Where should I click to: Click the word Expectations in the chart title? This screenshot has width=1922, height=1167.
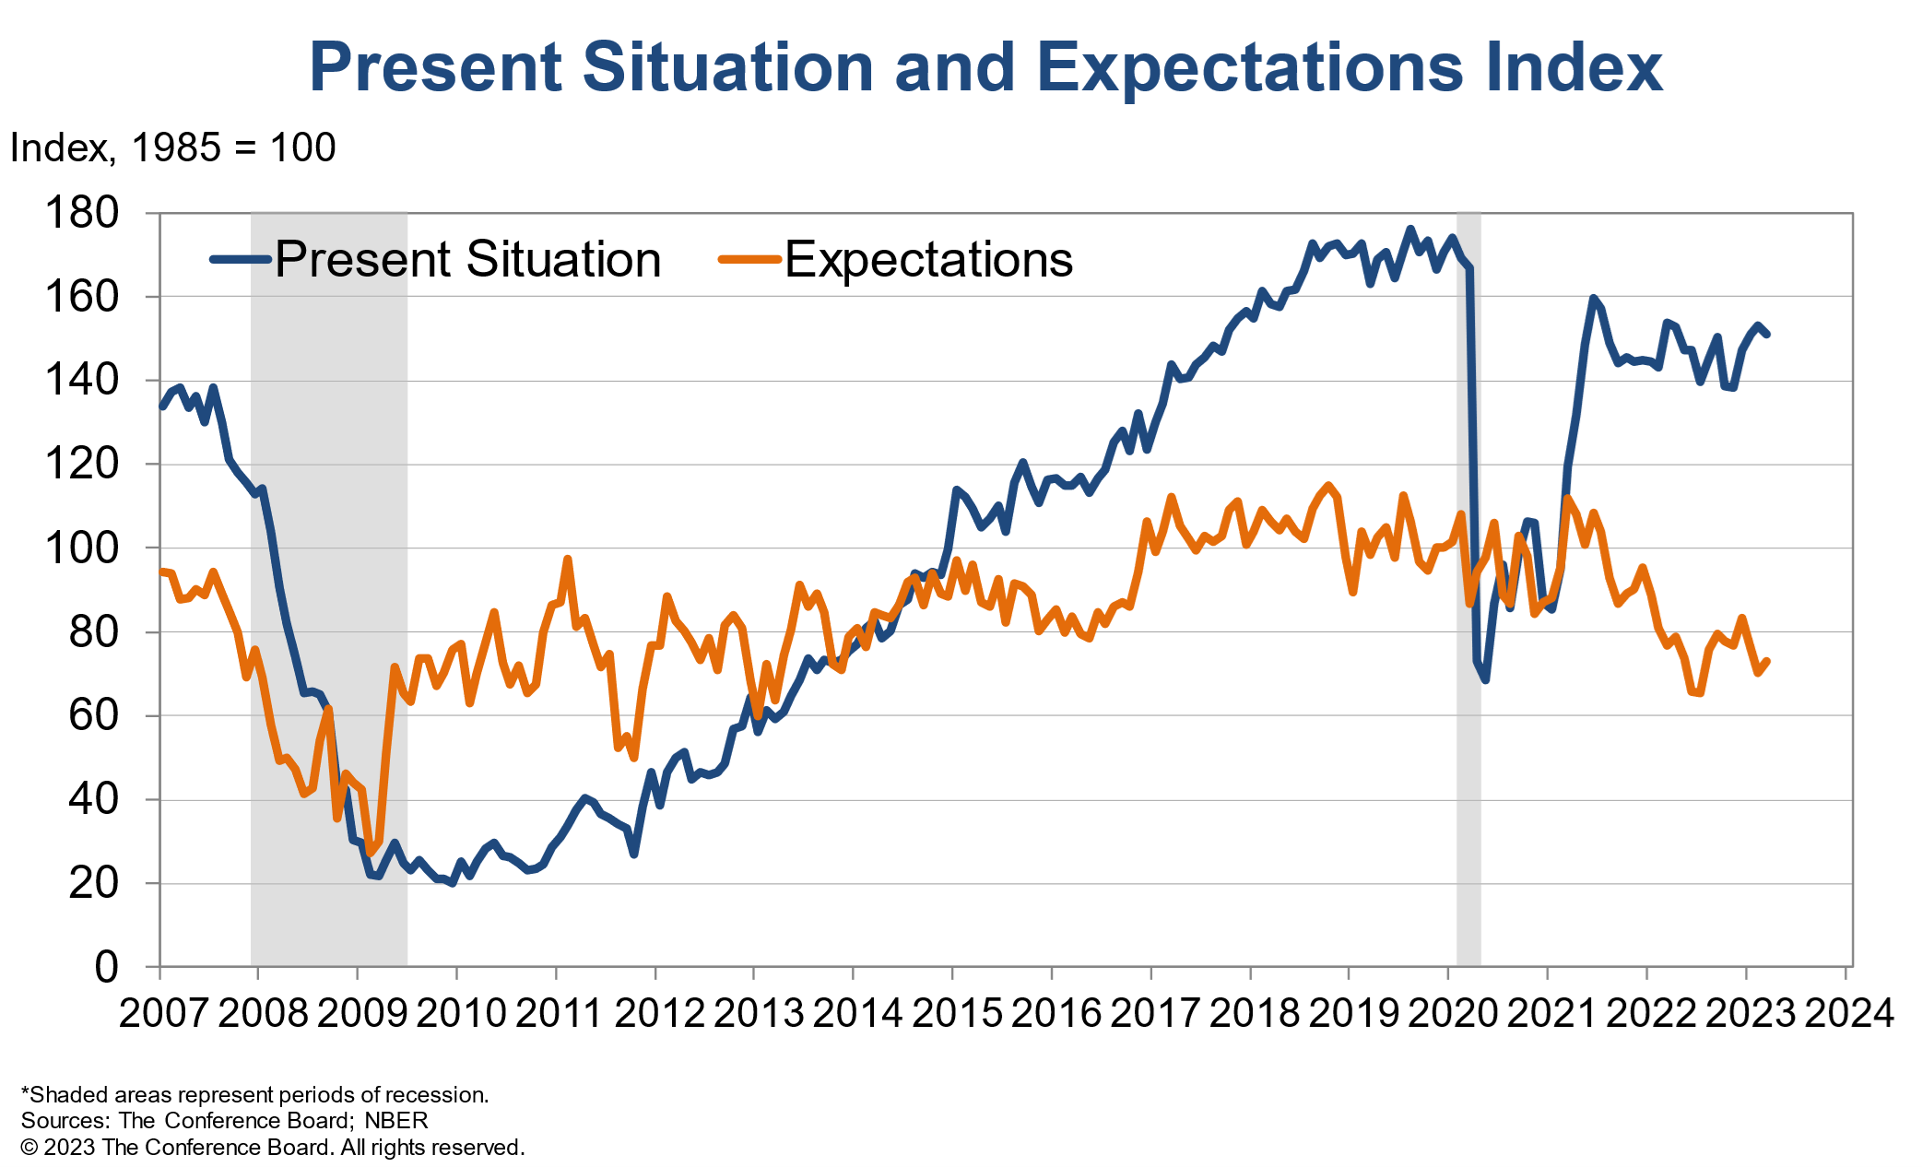1249,67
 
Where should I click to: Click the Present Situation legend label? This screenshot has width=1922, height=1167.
467,259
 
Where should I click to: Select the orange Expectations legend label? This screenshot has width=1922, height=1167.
928,259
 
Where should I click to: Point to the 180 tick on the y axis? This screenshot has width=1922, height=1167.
82,213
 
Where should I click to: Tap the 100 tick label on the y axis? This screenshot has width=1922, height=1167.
82,548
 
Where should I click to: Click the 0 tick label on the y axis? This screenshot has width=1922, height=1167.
107,967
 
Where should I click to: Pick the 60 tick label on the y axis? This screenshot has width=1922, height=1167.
94,715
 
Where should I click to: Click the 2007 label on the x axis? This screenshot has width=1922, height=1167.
163,1013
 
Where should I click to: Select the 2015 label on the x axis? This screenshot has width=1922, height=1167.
956,1013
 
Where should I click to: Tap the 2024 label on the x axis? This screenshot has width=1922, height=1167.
1848,1013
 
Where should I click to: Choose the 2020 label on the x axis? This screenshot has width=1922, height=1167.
1452,1013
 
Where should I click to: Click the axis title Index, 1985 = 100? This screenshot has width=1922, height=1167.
172,147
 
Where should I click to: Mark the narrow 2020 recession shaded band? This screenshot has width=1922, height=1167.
1468,590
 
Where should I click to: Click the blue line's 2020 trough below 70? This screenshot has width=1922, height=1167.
1485,679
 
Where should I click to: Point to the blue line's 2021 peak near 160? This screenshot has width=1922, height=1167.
1593,299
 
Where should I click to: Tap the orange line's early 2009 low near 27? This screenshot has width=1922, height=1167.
371,852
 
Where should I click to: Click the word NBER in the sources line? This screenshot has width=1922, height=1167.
396,1121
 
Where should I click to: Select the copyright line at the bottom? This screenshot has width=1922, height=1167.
273,1148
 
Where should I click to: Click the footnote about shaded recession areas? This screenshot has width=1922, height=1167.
255,1095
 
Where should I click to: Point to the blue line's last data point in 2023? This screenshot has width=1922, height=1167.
1766,334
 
